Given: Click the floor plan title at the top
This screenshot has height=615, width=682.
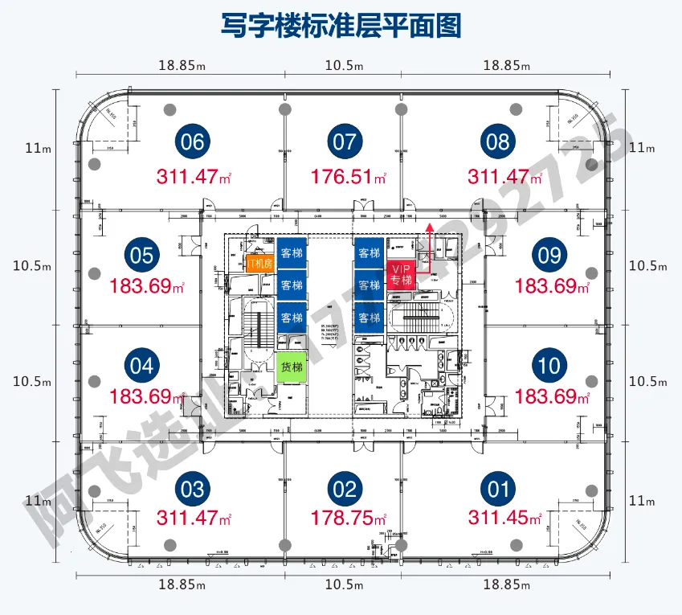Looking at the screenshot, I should pos(341,25).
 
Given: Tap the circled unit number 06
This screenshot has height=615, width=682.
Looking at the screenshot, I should pos(193,142).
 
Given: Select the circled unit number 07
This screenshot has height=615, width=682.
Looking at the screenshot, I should pos(344,142).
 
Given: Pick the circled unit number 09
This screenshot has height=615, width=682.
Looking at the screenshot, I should pos(549,256).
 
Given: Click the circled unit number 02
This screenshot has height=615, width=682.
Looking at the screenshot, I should pos(344,489).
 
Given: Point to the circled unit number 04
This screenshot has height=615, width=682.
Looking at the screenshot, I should pos(141,367).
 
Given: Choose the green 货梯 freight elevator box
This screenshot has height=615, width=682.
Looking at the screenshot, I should pos(291,367).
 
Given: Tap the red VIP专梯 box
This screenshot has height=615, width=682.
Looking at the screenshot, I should pos(401,275).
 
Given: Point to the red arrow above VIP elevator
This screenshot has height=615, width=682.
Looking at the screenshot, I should pos(430,241).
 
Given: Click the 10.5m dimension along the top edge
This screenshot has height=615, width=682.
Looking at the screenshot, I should pos(344,65).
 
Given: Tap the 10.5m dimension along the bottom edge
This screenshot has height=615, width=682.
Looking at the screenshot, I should pos(344,584).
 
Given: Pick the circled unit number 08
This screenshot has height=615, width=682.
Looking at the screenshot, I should pos(498,142).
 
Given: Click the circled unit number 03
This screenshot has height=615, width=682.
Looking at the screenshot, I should pos(193,489).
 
